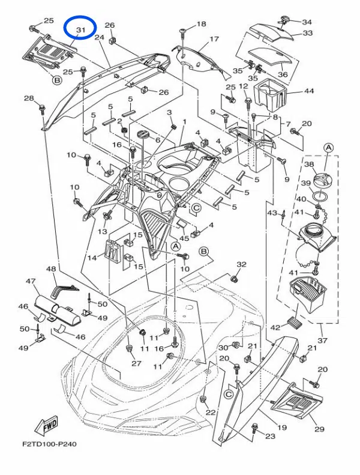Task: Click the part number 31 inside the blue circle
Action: [x=80, y=30]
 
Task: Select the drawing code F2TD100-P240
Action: [x=49, y=444]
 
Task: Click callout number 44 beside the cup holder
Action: [x=309, y=91]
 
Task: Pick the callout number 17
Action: [x=214, y=39]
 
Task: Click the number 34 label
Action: [x=307, y=22]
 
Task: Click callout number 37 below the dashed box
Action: [x=322, y=340]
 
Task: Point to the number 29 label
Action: [x=319, y=429]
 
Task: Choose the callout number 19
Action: [x=282, y=428]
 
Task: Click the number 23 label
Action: [x=271, y=436]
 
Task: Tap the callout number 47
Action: [x=31, y=281]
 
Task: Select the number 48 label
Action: [x=51, y=268]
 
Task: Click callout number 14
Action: [x=92, y=258]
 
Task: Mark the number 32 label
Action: [x=241, y=264]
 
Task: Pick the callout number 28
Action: [x=29, y=98]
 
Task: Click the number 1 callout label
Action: [x=184, y=122]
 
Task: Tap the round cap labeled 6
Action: [x=143, y=134]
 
